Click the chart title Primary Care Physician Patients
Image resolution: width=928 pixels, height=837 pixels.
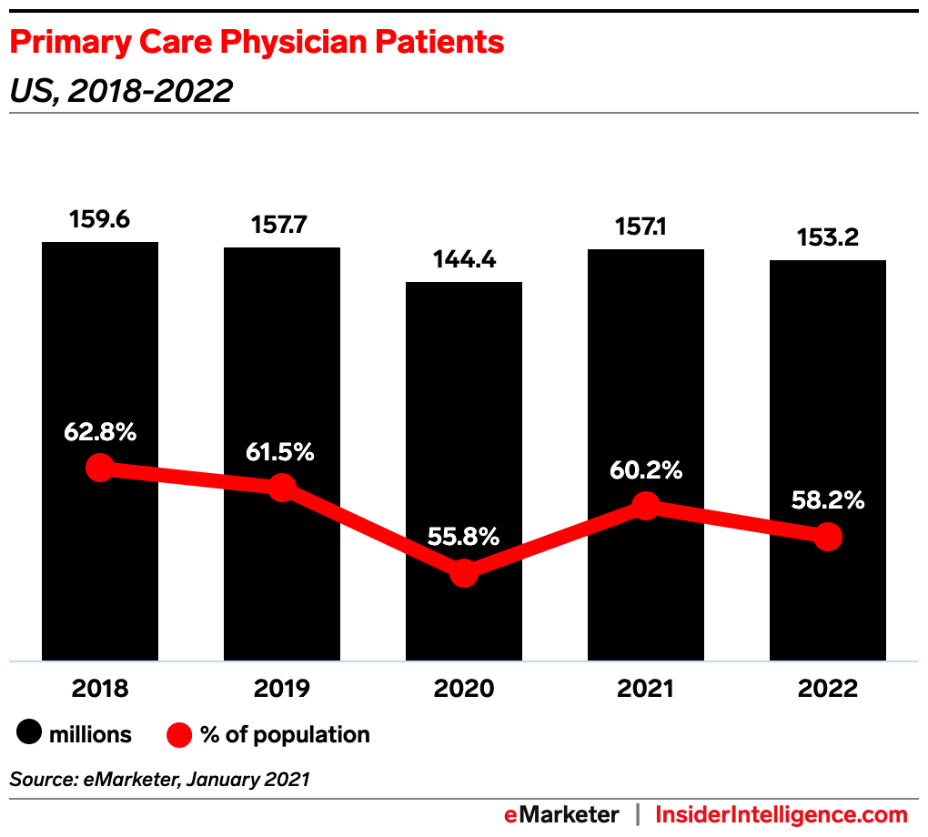(x=257, y=42)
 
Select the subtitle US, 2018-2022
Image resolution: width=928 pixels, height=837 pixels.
(x=121, y=91)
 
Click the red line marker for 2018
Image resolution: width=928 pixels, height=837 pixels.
(x=99, y=468)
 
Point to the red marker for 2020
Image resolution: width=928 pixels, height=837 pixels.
(x=464, y=573)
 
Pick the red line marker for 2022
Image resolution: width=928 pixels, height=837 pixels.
(x=828, y=537)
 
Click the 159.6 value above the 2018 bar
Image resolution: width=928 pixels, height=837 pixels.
(x=100, y=221)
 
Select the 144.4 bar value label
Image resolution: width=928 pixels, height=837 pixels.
(x=464, y=261)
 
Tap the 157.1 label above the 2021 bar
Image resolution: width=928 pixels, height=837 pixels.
(x=646, y=228)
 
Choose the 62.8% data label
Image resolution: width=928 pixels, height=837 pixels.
(x=100, y=432)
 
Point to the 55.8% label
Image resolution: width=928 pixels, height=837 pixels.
(x=464, y=537)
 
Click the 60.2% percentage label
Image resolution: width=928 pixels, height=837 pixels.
(x=646, y=470)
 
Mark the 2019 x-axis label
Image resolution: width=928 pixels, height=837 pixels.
(x=282, y=688)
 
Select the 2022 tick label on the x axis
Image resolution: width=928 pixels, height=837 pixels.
(x=828, y=688)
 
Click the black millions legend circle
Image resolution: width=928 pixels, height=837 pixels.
(x=29, y=734)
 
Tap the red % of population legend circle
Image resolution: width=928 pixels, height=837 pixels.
(x=180, y=734)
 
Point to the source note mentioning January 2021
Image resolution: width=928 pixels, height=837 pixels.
(x=160, y=779)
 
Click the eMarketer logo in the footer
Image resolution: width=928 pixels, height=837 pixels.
(x=561, y=815)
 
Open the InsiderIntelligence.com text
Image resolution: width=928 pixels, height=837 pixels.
(x=782, y=815)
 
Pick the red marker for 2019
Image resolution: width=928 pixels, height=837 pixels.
(x=282, y=487)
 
